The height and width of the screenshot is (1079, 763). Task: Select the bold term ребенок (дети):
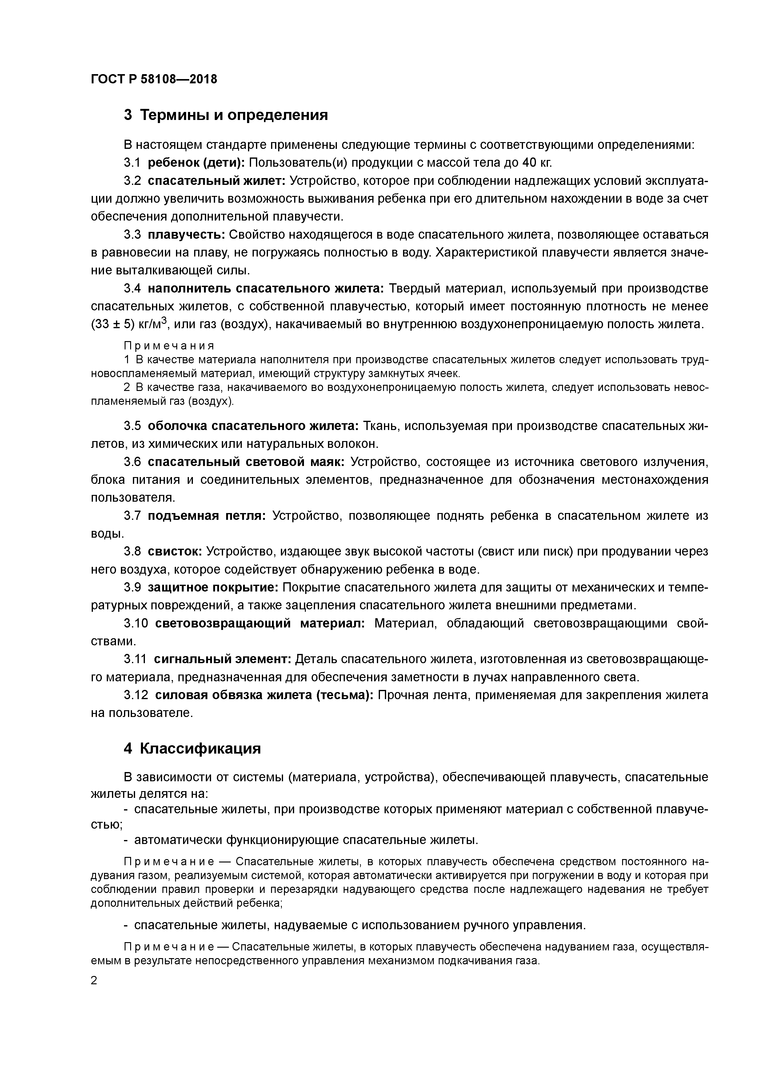[196, 163]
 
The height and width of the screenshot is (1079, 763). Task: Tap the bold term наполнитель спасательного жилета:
[266, 288]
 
